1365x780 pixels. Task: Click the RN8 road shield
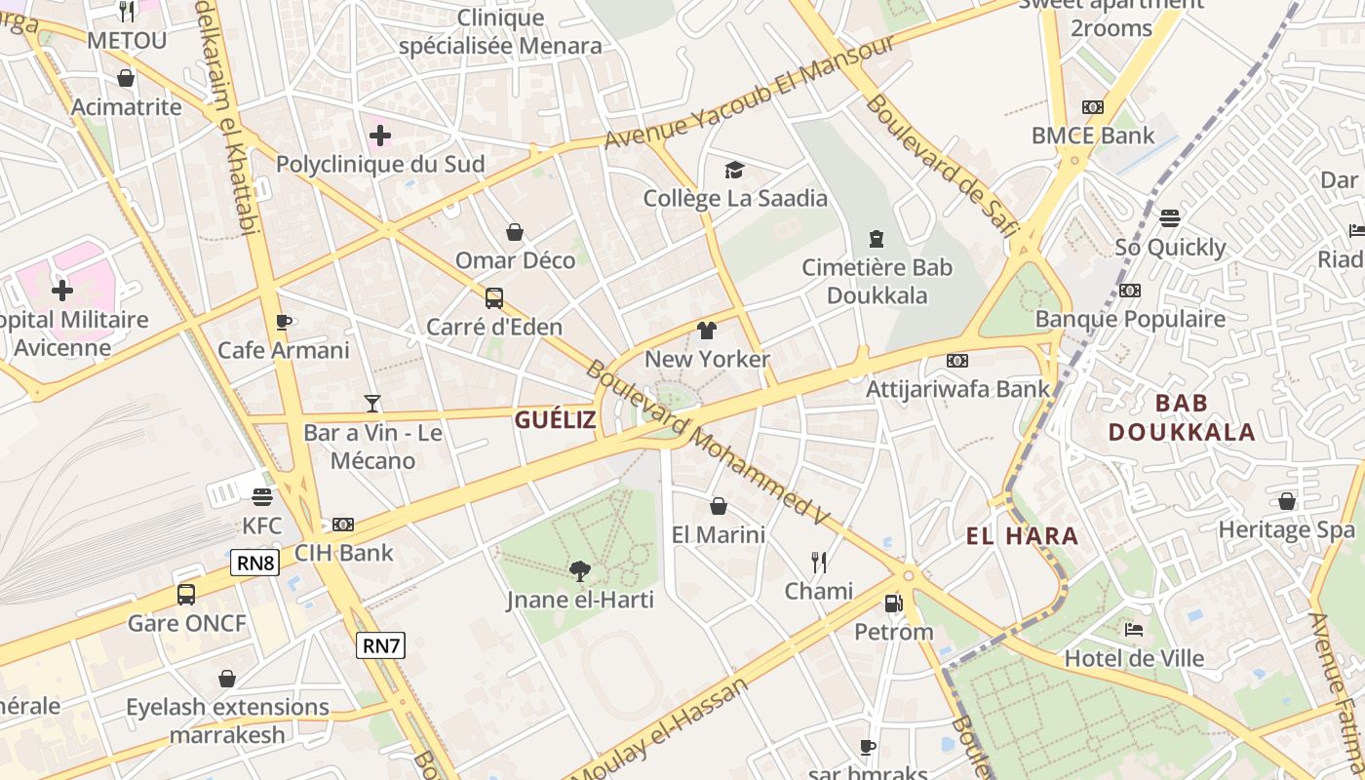(x=255, y=563)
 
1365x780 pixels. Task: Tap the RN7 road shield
(x=380, y=644)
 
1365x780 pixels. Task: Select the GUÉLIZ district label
(x=555, y=420)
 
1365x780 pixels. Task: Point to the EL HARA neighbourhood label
(x=1022, y=535)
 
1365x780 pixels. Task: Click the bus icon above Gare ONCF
(x=186, y=594)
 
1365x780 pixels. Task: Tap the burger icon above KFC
(x=261, y=497)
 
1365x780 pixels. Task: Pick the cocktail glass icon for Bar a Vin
(x=372, y=403)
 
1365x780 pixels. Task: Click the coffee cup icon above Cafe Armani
(x=284, y=322)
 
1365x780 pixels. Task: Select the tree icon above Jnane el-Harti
(x=580, y=570)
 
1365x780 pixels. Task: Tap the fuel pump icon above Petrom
(x=893, y=604)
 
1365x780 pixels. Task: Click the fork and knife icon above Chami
(x=819, y=562)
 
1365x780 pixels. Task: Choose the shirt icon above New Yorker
(x=707, y=331)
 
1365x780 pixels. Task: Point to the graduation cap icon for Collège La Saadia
(x=734, y=171)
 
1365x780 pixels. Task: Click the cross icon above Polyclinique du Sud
(x=380, y=135)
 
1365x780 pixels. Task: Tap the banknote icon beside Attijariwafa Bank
(x=957, y=361)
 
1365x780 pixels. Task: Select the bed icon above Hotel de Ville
(x=1133, y=630)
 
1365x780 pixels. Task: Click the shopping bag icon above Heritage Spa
(x=1287, y=501)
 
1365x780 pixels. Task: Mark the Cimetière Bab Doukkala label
(x=877, y=281)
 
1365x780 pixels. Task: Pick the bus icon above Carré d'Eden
(x=494, y=297)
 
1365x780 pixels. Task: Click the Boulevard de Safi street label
(x=941, y=166)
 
